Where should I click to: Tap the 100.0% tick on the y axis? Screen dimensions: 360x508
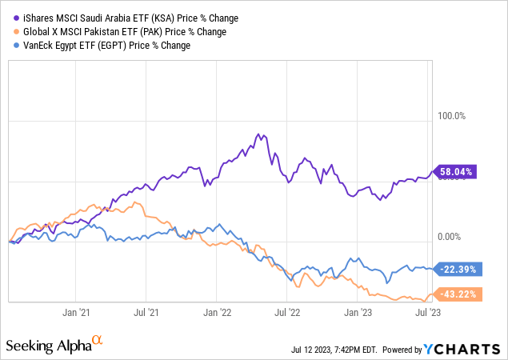tap(449, 117)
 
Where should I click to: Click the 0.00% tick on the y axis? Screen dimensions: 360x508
tap(450, 238)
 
